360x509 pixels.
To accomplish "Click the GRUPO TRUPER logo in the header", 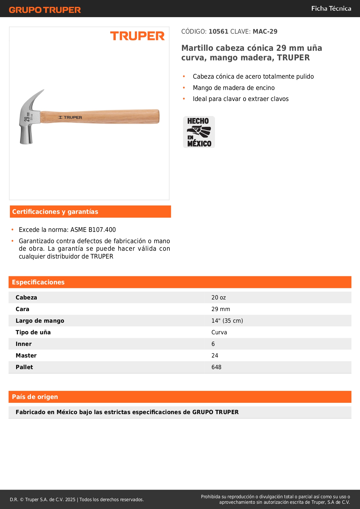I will point(45,10).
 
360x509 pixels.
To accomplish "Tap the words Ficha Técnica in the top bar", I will point(331,9).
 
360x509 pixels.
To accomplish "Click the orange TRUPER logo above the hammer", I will point(137,36).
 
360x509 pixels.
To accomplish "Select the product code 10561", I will point(218,32).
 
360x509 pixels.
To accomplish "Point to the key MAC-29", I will point(265,32).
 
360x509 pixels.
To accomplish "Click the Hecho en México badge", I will point(199,132).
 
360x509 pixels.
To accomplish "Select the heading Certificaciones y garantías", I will point(55,212).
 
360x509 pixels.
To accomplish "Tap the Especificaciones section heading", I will point(38,282).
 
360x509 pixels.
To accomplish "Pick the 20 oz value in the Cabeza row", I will point(218,298).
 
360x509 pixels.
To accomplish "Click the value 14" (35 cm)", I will point(227,321).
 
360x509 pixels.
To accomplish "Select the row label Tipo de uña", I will point(33,333).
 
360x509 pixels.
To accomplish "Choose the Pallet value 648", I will point(216,367).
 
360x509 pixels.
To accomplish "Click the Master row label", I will point(26,356).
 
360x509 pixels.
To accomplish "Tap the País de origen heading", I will point(35,397).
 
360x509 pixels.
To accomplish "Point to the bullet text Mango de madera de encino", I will point(234,88).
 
